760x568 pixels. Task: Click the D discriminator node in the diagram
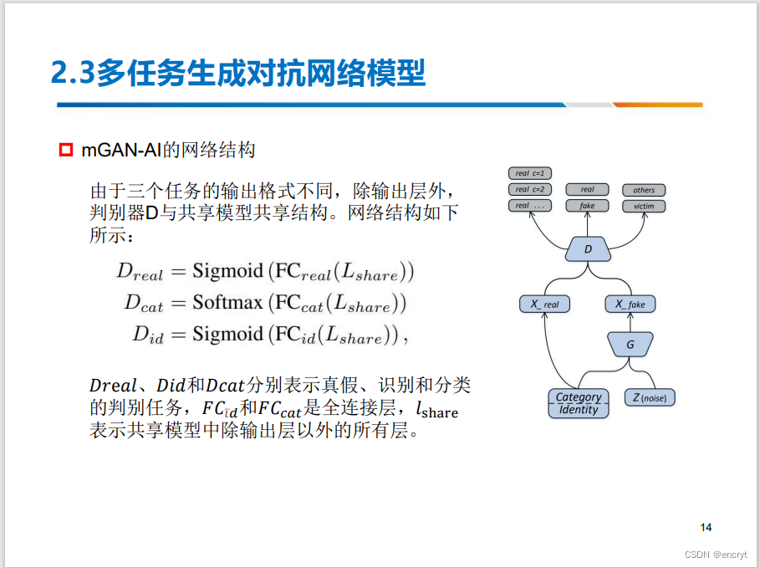[x=588, y=248]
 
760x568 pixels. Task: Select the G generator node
[x=630, y=343]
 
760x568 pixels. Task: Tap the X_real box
[x=544, y=304]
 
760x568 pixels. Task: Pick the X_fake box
[x=630, y=304]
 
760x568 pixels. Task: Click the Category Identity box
[x=579, y=403]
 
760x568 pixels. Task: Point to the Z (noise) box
[x=650, y=398]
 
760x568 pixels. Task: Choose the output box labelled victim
[x=644, y=206]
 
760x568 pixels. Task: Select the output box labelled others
[x=644, y=190]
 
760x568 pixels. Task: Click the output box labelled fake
[x=587, y=206]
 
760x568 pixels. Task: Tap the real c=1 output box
[x=530, y=173]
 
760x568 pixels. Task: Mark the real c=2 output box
[x=530, y=189]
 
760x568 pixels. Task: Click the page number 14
[x=706, y=527]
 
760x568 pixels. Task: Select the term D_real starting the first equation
[x=140, y=272]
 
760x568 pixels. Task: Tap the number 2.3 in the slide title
[x=72, y=74]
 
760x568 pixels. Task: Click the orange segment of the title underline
[x=658, y=105]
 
